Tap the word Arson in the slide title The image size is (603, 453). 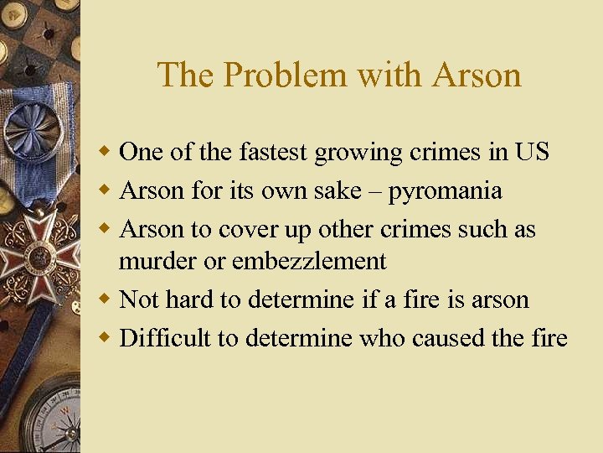pos(477,75)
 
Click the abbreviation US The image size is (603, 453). pos(532,152)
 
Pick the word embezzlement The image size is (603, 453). pos(309,261)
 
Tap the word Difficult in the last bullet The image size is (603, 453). pos(157,338)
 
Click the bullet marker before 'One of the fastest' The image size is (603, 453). pos(106,152)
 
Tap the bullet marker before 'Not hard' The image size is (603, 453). pos(106,299)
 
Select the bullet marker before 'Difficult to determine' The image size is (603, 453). pos(106,338)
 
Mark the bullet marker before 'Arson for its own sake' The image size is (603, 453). pos(106,191)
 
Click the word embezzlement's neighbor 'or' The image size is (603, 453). pos(216,261)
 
